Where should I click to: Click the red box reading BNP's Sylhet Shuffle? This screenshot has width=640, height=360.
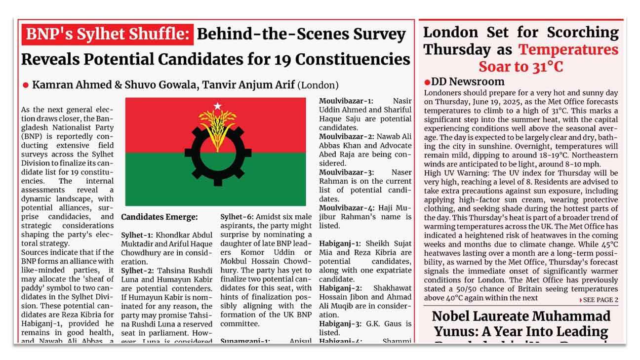coord(107,35)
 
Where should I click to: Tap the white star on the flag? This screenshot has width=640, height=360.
coord(217,106)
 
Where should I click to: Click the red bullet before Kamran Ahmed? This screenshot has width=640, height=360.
coord(26,85)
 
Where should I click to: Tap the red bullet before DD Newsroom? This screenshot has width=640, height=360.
coord(427,82)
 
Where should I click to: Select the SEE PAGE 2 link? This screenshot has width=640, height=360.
coord(599,300)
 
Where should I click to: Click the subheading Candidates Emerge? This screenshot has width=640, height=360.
coord(159,217)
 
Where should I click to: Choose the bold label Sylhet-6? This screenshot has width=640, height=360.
coord(237,217)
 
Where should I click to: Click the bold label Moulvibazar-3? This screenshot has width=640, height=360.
coord(346,172)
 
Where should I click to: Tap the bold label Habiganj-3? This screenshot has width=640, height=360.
coord(340,323)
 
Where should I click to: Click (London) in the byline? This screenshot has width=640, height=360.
coord(319,85)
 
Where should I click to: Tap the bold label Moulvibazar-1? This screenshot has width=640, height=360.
coord(346,101)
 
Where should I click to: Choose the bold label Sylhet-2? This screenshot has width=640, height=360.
coord(137,270)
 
